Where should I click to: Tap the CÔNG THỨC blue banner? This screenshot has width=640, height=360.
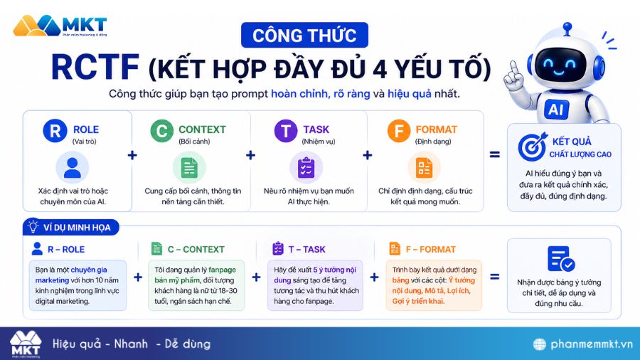304,35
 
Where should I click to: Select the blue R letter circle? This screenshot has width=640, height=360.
54,131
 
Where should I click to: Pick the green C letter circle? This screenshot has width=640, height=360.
161,131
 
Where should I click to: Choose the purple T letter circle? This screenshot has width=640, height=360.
285,131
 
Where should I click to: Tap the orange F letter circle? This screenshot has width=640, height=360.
398,131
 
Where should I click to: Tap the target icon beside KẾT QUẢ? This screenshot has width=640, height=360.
532,146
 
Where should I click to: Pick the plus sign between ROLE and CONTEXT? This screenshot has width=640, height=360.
132,155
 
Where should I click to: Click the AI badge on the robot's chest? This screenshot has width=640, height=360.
555,109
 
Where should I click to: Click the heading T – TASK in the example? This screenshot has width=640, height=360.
306,249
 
